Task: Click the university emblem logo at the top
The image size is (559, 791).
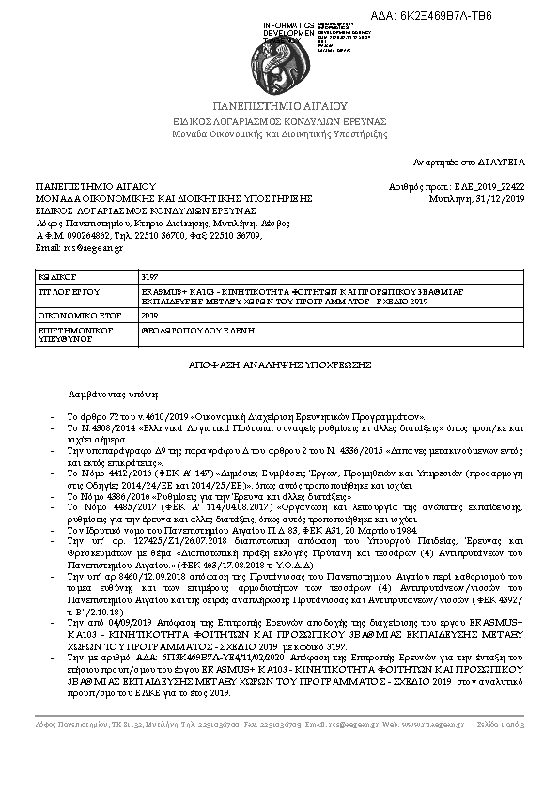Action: (x=279, y=57)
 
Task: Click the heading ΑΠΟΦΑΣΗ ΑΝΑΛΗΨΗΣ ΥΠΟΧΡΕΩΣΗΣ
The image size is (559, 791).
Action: (x=279, y=363)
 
